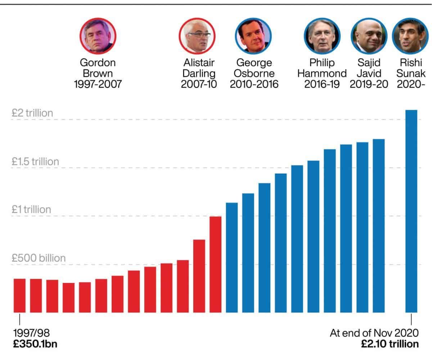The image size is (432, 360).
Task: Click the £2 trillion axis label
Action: tap(32, 113)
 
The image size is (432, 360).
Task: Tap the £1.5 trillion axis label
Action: tap(35, 162)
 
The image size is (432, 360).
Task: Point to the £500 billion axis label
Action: tap(39, 258)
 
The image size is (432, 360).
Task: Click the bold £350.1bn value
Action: tap(35, 344)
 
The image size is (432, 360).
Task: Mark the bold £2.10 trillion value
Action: tap(390, 344)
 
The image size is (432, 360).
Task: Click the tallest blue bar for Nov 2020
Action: tap(411, 211)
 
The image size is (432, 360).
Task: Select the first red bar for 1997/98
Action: tap(19, 295)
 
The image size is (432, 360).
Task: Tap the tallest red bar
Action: tap(215, 264)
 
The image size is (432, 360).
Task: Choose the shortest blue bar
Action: tap(231, 257)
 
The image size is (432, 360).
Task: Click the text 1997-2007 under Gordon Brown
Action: tap(98, 85)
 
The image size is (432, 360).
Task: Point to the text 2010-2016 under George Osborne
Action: tap(254, 85)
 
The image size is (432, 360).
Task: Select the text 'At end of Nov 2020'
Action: tap(374, 333)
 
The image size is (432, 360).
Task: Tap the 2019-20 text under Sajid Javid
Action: tap(369, 85)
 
